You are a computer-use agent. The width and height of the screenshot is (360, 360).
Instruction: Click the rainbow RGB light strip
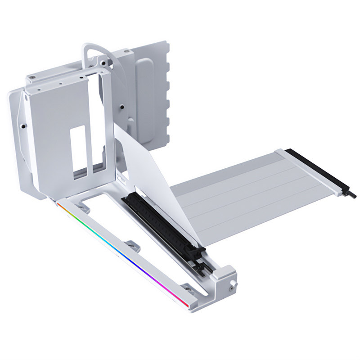[x=117, y=252]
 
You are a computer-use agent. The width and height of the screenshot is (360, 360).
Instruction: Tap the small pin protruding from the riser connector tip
[x=351, y=195]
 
